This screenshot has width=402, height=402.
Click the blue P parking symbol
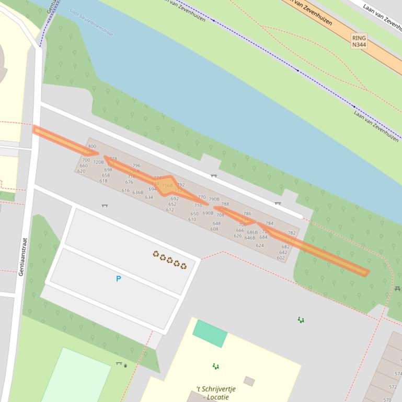pyautogui.click(x=118, y=279)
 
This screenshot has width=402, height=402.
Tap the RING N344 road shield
pyautogui.click(x=359, y=41)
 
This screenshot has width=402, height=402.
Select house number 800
pyautogui.click(x=92, y=147)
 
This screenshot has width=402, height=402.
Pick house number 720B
pyautogui.click(x=98, y=162)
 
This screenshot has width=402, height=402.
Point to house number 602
pyautogui.click(x=281, y=258)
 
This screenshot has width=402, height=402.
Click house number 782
pyautogui.click(x=292, y=233)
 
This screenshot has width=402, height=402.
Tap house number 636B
pyautogui.click(x=137, y=193)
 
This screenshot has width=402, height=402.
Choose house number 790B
pyautogui.click(x=214, y=199)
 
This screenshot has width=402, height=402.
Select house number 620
pyautogui.click(x=81, y=171)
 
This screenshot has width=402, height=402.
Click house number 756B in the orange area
pyautogui.click(x=167, y=185)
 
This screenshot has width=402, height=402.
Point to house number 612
pyautogui.click(x=170, y=209)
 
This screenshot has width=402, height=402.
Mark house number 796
pyautogui.click(x=136, y=165)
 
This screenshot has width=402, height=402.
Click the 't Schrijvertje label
pyautogui.click(x=216, y=389)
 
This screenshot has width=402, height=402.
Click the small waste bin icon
pyautogui.click(x=125, y=365)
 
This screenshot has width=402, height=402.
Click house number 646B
pyautogui.click(x=250, y=238)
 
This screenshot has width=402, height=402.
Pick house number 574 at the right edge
pyautogui.click(x=398, y=374)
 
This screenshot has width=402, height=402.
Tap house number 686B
pyautogui.click(x=252, y=232)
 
